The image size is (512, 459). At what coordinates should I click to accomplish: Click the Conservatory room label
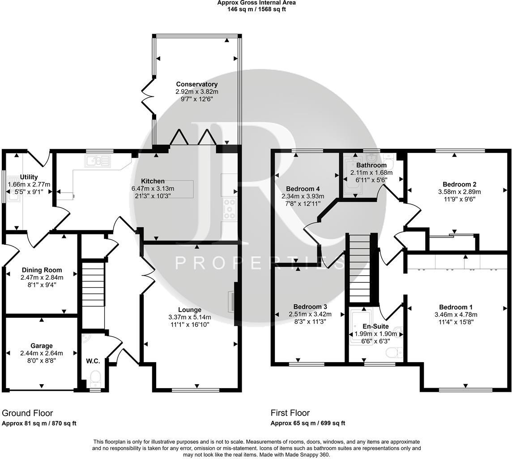pos(196,84)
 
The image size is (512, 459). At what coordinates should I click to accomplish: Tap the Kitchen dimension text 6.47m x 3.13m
pos(153,189)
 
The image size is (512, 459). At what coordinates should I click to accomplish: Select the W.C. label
pos(93,361)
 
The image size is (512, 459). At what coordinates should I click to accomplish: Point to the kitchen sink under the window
pos(98,160)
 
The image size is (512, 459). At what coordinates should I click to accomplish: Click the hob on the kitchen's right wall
pos(230,208)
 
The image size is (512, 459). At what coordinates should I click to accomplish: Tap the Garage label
pos(42,346)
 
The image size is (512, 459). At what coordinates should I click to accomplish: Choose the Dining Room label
pos(42,270)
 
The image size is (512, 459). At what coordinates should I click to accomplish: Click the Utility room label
pos(29,177)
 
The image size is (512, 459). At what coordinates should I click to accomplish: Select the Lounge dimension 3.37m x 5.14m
pos(190,317)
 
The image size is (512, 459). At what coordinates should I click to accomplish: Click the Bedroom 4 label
pos(303,189)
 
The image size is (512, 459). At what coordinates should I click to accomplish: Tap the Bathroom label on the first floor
pos(371,165)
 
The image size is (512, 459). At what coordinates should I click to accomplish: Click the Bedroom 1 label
pos(456,307)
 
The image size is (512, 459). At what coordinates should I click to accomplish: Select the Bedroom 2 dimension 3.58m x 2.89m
pos(460,192)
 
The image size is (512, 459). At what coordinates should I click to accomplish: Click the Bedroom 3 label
pos(310,307)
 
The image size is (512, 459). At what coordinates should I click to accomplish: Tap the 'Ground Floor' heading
pos(27,413)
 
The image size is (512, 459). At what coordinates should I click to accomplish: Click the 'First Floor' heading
pos(290,413)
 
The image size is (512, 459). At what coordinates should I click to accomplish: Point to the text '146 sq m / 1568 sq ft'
pos(256,9)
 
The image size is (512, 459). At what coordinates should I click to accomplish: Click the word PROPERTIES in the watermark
pos(260,263)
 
